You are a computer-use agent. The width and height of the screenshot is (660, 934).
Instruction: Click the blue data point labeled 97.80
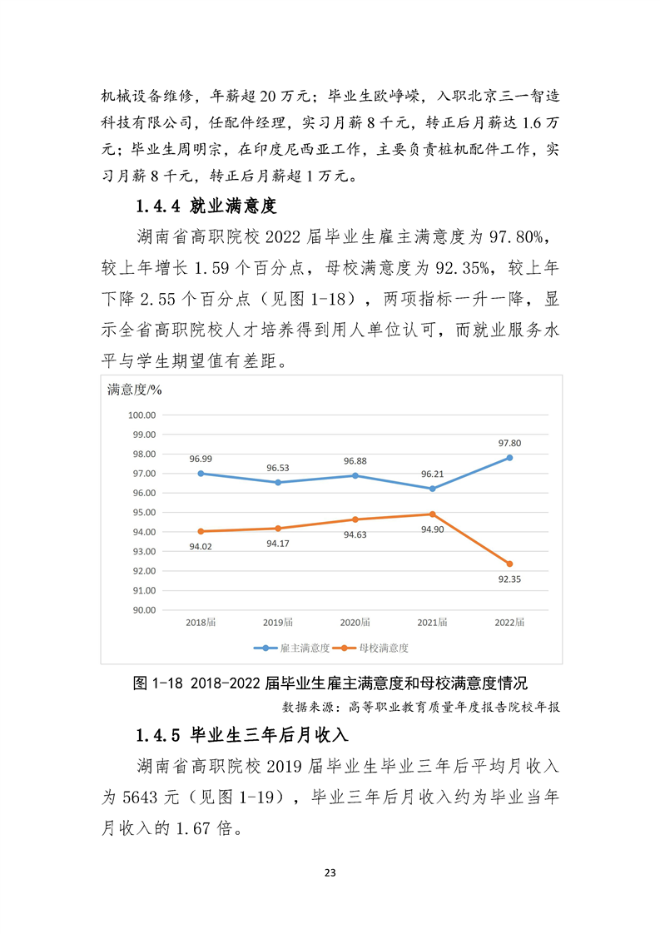coord(509,458)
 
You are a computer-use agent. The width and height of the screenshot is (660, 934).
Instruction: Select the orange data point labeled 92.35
coord(509,564)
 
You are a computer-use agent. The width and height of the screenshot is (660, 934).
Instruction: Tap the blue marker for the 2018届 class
coord(200,474)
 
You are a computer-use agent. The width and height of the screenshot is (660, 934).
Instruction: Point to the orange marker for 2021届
coord(432,514)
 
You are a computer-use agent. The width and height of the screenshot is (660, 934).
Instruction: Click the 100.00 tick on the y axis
coord(143,415)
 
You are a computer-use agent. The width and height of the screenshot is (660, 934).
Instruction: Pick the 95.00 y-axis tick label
coord(143,512)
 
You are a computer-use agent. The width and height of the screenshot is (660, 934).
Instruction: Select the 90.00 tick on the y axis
coord(143,609)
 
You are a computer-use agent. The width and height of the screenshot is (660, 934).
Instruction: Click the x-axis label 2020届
coord(355,622)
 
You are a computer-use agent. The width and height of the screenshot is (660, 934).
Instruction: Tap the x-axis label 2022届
coord(509,622)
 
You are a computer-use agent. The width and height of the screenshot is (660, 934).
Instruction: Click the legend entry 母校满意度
coord(383,648)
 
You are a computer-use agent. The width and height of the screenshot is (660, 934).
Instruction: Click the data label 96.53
coord(277,468)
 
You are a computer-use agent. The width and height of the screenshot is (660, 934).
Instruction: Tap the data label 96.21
coord(432,474)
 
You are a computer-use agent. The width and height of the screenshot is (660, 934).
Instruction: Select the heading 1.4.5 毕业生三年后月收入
coord(241,736)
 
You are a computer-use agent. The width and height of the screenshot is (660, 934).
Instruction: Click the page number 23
coord(330,872)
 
